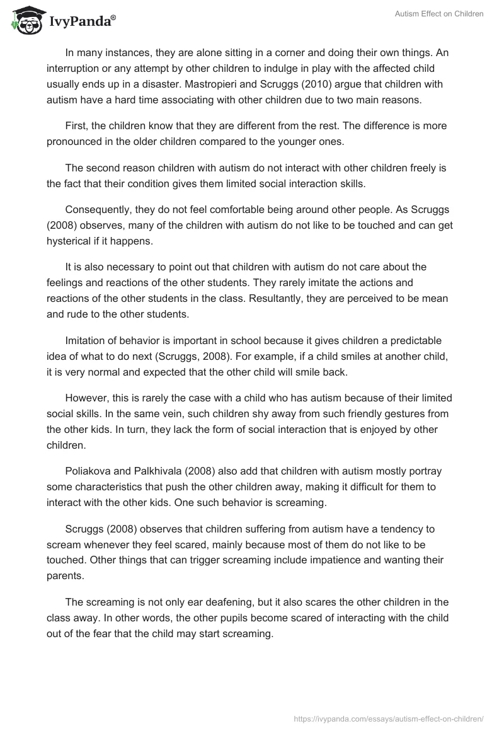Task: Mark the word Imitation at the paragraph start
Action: tap(86, 341)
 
